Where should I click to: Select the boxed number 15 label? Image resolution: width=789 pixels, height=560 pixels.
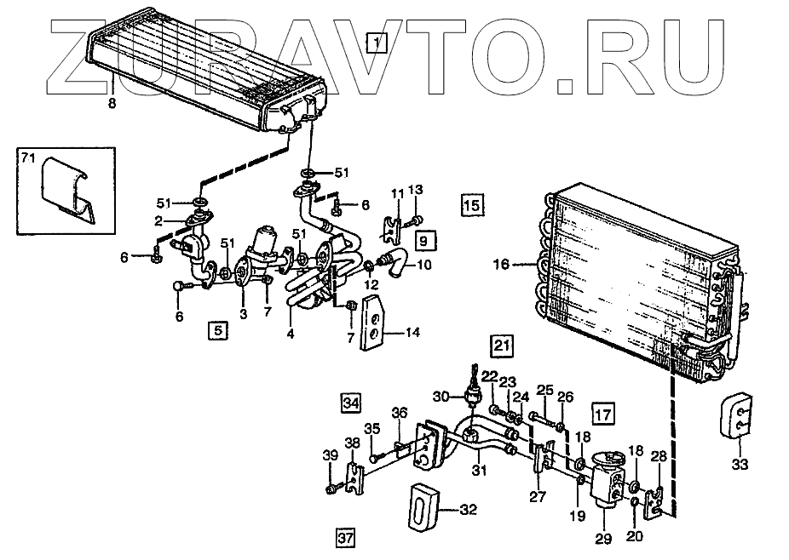click(x=472, y=204)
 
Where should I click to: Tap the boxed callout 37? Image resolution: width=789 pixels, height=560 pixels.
click(x=344, y=537)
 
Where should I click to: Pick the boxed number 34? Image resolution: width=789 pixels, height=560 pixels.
click(x=350, y=401)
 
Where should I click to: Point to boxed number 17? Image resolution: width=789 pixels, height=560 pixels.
click(x=603, y=414)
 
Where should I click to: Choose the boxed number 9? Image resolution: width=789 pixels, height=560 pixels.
click(x=425, y=240)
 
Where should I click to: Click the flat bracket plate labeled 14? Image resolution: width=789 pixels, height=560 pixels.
click(x=374, y=323)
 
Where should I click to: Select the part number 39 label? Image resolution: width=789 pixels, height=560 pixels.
click(x=331, y=458)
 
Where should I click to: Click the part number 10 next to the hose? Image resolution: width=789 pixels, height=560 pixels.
click(x=423, y=264)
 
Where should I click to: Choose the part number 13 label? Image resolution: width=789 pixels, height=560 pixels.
click(x=415, y=189)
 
